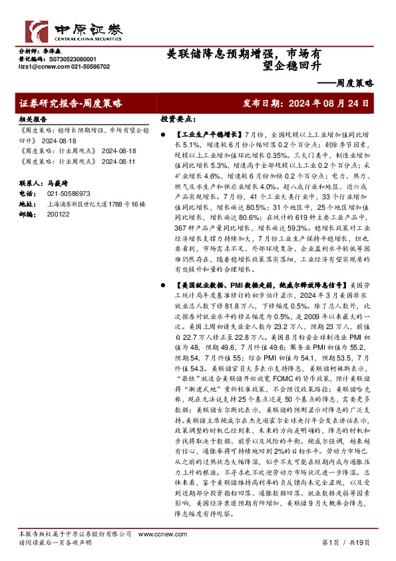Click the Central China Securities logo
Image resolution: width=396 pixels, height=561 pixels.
tap(67, 29)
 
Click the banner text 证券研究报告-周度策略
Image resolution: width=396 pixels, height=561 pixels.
tap(71, 104)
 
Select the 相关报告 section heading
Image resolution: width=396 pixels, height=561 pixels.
tap(31, 118)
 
